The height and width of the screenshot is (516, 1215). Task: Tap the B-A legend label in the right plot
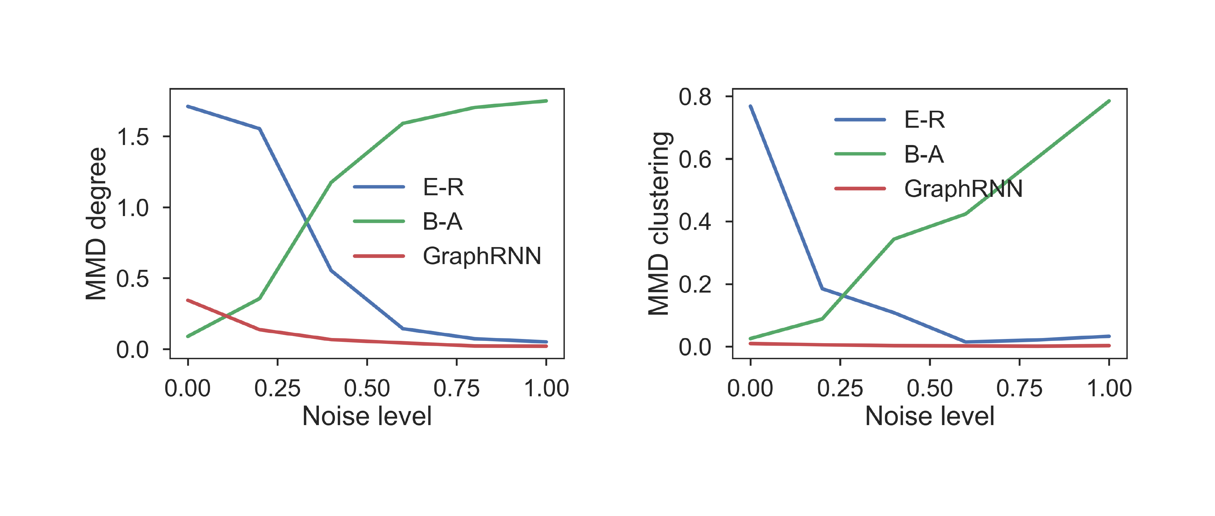click(924, 154)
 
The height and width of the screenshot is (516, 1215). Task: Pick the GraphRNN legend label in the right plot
click(963, 189)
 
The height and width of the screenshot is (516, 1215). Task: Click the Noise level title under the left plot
click(367, 416)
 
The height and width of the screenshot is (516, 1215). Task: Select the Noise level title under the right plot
click(929, 416)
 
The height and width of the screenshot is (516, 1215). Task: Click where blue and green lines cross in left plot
click(307, 221)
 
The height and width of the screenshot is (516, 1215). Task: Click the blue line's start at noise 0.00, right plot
click(750, 106)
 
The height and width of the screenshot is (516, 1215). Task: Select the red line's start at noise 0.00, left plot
click(188, 300)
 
